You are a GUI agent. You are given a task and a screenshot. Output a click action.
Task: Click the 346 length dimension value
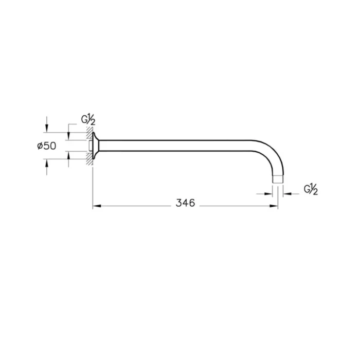click(x=185, y=203)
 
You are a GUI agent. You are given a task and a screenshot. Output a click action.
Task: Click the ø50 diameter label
click(x=46, y=146)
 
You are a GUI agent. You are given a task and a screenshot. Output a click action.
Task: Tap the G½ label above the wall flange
click(x=88, y=120)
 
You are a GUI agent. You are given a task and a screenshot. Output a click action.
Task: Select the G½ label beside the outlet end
click(x=311, y=189)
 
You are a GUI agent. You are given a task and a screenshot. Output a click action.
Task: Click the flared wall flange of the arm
click(x=96, y=146)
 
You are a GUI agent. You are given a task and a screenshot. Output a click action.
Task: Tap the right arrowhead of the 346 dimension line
click(x=275, y=207)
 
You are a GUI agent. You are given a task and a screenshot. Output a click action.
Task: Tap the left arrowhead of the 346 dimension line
click(x=96, y=207)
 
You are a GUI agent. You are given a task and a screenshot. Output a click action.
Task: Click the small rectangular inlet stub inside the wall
click(x=91, y=146)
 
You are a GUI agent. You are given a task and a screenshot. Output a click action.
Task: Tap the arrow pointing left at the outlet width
click(x=287, y=194)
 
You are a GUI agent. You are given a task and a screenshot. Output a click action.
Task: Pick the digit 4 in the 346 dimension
click(x=185, y=203)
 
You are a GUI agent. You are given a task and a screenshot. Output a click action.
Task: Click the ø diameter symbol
click(x=39, y=146)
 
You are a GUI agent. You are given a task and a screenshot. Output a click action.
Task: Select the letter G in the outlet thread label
click(x=307, y=188)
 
